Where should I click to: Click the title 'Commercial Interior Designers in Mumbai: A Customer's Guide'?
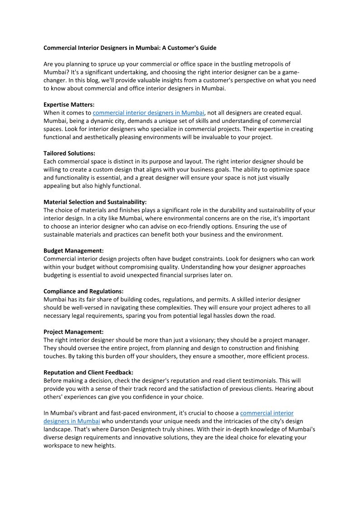pos(130,48)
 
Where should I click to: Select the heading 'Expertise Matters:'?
pos(69,105)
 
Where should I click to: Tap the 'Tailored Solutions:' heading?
pos(69,153)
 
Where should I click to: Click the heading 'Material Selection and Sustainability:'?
pos(95,202)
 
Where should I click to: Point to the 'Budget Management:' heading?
pos(73,251)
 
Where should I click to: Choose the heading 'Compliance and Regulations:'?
pos(83,291)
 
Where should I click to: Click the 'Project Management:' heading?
pos(73,332)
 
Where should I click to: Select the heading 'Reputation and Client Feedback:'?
pos(88,373)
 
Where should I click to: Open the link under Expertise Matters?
pos(149,113)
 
